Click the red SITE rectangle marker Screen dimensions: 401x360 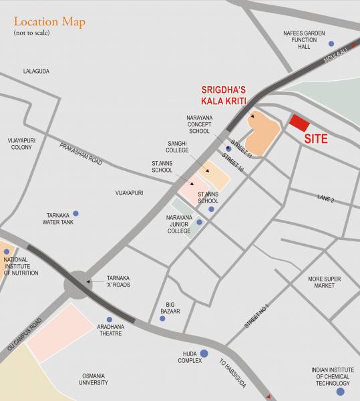(x=299, y=123)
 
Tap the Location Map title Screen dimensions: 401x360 (x=49, y=21)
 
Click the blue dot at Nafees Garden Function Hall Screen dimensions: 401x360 (x=331, y=43)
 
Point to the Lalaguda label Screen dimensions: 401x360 (x=36, y=71)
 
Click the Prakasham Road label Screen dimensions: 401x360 (x=81, y=154)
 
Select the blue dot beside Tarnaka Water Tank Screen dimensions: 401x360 (x=75, y=213)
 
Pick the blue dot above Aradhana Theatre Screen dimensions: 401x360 (x=110, y=319)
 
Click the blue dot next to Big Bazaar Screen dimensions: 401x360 (x=162, y=318)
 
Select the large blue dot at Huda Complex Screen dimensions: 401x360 (x=204, y=353)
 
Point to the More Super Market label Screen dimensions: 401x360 (x=325, y=282)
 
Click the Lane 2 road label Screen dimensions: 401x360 (x=325, y=199)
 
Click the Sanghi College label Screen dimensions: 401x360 (x=177, y=147)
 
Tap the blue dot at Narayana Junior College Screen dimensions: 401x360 (x=199, y=222)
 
